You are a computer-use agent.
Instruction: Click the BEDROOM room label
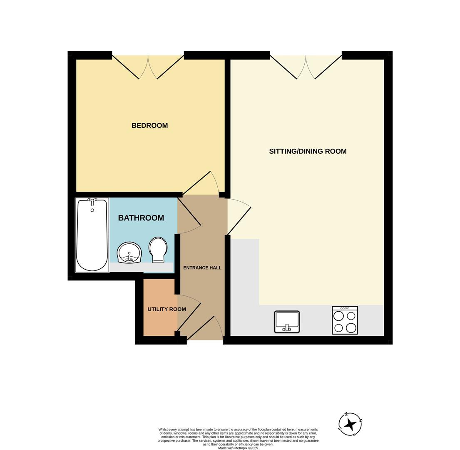pos(149,125)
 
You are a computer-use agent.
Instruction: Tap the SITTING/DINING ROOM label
pos(308,151)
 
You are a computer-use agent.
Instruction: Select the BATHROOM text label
pos(141,218)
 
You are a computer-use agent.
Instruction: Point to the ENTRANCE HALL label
pos(202,268)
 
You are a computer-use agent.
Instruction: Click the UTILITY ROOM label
pos(167,309)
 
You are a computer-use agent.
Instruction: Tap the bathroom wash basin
pos(129,253)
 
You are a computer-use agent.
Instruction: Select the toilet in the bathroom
pos(158,249)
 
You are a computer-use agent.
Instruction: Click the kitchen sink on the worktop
pos(287,322)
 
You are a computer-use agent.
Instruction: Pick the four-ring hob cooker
pos(345,320)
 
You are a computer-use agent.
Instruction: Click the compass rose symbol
pos(350,424)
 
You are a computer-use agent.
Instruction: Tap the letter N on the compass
pos(361,420)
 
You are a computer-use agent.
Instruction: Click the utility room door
pos(189,310)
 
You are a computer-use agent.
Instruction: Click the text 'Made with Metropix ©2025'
pos(238,448)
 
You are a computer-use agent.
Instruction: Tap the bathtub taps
pos(92,200)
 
